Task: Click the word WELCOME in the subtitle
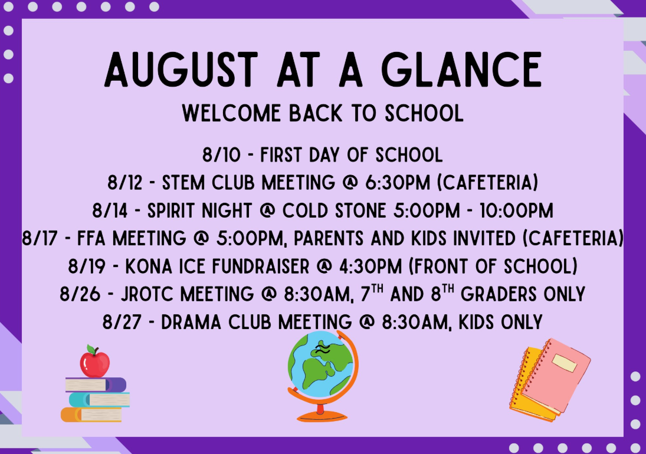231,113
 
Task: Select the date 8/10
221,154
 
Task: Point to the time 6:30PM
398,182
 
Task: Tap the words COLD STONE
334,210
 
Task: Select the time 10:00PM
516,210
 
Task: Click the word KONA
149,267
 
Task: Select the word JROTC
147,294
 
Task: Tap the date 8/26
80,294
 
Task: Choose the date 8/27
122,322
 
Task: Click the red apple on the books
95,362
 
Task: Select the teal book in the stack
99,399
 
